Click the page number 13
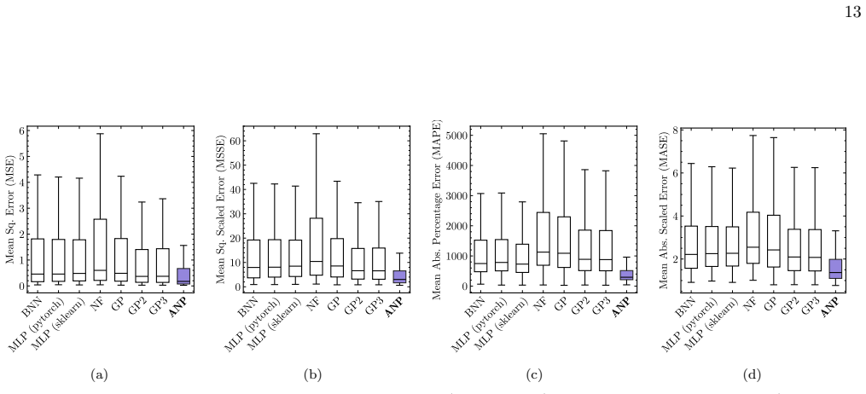[x=853, y=12]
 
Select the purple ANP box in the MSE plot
[x=183, y=276]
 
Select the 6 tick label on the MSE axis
[x=22, y=130]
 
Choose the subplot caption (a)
[x=99, y=375]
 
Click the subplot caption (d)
[x=752, y=375]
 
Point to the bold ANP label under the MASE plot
[x=829, y=306]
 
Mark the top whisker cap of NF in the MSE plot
[x=100, y=134]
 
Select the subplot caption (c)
[x=534, y=375]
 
